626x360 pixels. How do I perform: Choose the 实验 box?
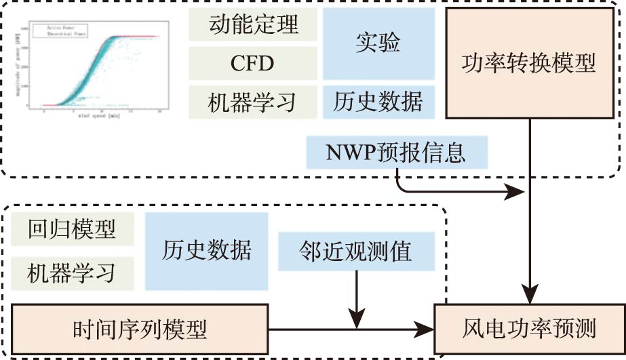(x=378, y=44)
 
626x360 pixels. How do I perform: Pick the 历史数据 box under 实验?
(x=378, y=102)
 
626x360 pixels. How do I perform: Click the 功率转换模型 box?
(x=528, y=64)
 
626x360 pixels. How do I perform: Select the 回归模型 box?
(x=71, y=229)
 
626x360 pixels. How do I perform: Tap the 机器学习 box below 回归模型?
(x=71, y=273)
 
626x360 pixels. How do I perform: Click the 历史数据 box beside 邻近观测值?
(x=206, y=251)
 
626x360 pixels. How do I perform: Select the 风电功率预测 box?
(x=529, y=330)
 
